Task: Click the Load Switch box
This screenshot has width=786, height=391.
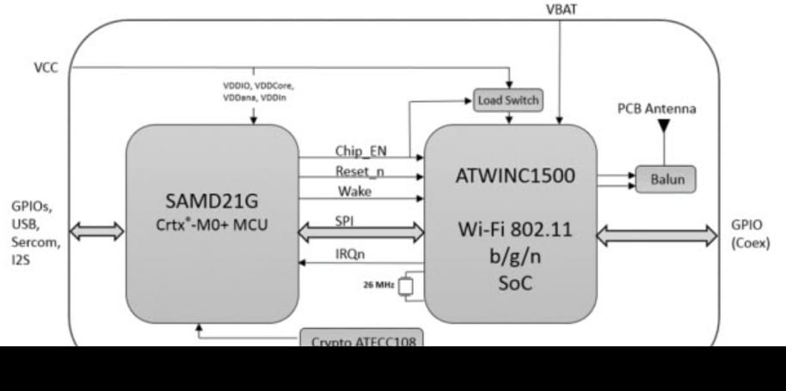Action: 508,101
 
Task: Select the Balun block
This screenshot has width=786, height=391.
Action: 665,180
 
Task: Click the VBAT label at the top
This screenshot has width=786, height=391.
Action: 562,9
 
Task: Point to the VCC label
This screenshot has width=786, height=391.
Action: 46,67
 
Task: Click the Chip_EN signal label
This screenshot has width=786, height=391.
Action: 360,151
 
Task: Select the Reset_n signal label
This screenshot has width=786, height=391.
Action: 359,171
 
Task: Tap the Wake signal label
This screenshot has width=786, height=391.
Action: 353,191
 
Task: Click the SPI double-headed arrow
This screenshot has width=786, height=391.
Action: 361,230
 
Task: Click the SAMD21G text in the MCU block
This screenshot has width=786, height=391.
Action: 212,202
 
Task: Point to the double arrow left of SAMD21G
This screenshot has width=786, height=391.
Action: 97,229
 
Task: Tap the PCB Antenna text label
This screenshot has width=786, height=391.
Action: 656,109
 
